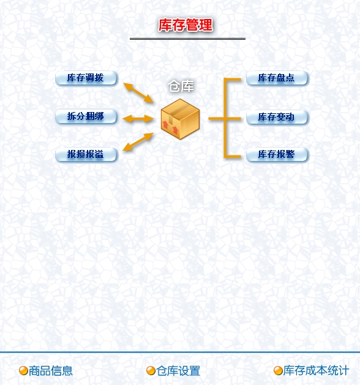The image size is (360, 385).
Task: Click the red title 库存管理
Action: click(186, 25)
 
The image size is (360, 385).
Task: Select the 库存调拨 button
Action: click(86, 78)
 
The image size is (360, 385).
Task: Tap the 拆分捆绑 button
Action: click(86, 116)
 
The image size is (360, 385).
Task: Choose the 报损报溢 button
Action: click(86, 155)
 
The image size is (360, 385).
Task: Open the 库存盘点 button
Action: click(277, 78)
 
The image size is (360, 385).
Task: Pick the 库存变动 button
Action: click(277, 117)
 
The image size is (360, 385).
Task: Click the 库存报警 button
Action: click(277, 155)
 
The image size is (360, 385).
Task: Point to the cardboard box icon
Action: click(180, 119)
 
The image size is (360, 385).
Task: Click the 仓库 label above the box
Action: click(181, 86)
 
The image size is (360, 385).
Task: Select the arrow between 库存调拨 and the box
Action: click(138, 93)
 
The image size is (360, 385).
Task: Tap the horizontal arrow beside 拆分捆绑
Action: click(138, 119)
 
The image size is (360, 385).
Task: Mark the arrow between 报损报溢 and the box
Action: click(138, 141)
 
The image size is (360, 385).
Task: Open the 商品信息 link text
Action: click(51, 371)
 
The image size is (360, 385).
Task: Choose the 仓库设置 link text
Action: click(178, 371)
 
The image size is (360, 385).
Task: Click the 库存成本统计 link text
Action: click(316, 370)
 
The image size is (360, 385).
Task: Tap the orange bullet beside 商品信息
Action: click(23, 371)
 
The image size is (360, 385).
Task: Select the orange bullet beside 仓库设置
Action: click(151, 371)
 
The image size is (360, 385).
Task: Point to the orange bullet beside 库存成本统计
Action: click(278, 371)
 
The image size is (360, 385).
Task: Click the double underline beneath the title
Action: click(187, 39)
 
